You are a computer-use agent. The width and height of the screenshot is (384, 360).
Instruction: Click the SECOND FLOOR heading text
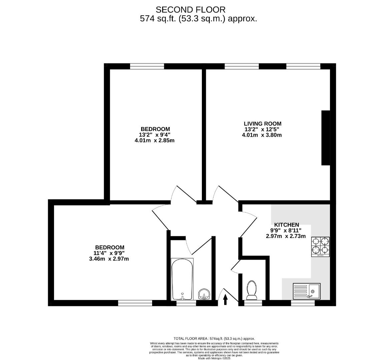pos(190,9)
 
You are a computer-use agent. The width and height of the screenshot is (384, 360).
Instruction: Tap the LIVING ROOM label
pos(262,124)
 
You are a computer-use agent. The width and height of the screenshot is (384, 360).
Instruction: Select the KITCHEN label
pos(286,225)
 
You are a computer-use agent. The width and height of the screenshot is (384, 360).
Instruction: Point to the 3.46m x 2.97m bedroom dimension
pos(109,259)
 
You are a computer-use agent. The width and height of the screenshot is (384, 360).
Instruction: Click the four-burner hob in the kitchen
pos(320,247)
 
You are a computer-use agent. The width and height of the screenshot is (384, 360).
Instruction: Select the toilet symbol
pos(251,290)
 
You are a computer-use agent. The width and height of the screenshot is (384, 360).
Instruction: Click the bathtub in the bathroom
pos(182,279)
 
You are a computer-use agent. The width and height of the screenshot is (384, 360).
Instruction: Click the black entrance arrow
pos(225,299)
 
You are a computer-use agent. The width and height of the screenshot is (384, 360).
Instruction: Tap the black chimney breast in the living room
pos(325,138)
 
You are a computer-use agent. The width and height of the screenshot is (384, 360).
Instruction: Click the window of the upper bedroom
pos(147,66)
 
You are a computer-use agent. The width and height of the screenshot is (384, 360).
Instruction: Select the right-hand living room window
pos(303,66)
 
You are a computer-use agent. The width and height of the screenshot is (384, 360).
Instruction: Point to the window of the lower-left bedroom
pos(135,303)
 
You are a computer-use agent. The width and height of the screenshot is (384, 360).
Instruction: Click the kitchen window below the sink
pos(303,303)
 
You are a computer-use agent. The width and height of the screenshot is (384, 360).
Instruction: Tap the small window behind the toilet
pos(253,303)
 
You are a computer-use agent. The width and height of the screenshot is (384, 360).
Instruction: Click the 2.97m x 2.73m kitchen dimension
pos(286,236)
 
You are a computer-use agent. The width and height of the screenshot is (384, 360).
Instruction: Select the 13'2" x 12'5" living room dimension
pos(262,129)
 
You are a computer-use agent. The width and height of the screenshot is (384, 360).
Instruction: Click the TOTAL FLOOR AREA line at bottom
pos(214,338)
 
